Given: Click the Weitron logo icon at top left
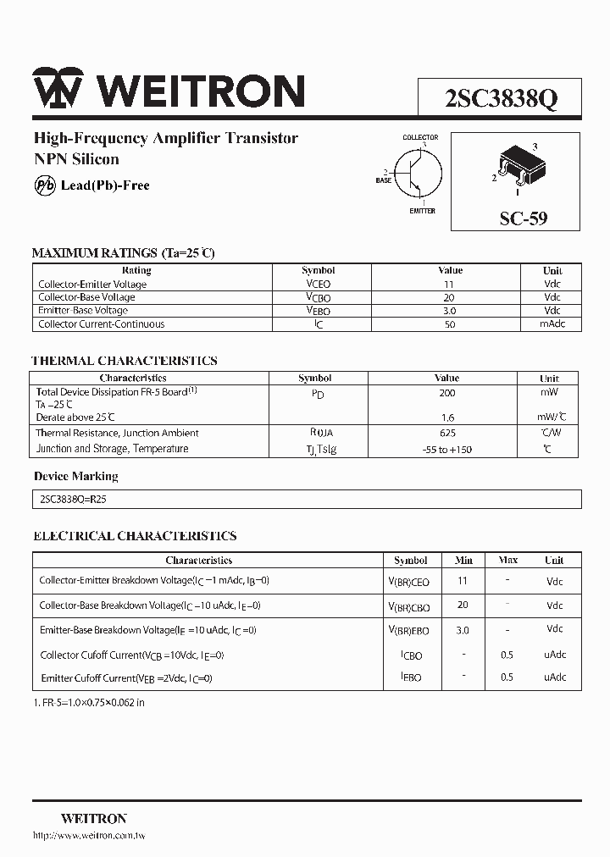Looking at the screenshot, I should [58, 89].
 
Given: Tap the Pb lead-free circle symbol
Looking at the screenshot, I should [44, 185].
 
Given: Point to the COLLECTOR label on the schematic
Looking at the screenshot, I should [420, 137].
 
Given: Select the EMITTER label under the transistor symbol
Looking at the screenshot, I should [422, 211].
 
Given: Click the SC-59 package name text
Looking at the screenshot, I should [523, 218].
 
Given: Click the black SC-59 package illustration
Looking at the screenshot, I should [518, 164].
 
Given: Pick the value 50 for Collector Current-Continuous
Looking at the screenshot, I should [448, 324].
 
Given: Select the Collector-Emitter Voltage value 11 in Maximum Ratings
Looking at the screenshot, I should [448, 285].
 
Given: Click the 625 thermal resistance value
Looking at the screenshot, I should [446, 433].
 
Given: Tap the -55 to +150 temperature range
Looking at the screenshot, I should [446, 449].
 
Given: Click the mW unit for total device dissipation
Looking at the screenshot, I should [549, 392].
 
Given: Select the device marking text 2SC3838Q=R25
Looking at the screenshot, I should [73, 500].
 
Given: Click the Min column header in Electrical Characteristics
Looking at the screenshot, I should [463, 561].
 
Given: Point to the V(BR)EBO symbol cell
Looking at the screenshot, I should [409, 631].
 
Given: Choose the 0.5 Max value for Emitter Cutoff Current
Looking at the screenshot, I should [507, 677].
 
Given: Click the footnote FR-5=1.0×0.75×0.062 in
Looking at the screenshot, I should [89, 703].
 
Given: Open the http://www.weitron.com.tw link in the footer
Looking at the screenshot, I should [89, 836].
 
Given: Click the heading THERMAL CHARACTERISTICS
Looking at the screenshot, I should [125, 361].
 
